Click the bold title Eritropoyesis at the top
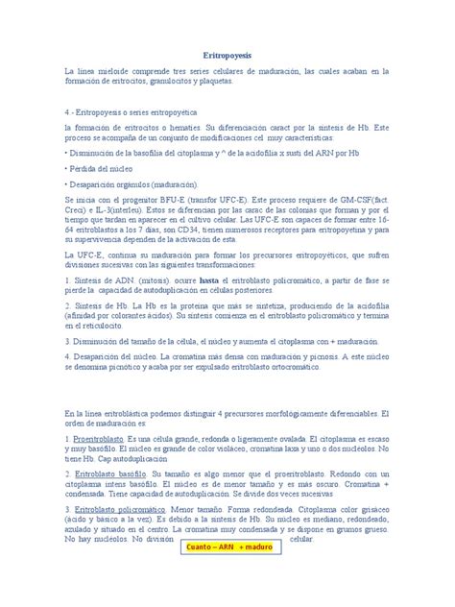(227, 57)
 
